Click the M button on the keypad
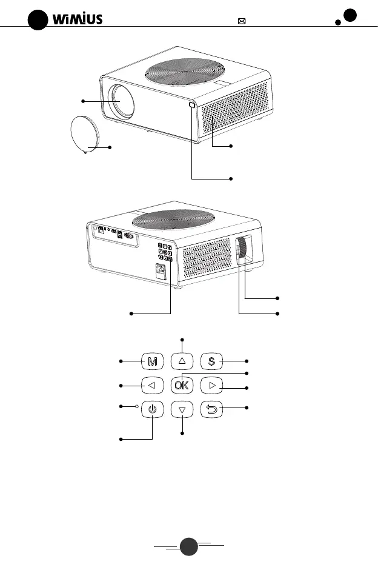click(x=152, y=362)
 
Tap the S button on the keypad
click(x=212, y=362)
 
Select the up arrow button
click(x=182, y=361)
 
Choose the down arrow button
click(x=182, y=410)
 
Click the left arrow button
click(x=152, y=385)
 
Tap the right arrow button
click(x=212, y=385)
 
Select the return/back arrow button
click(x=212, y=410)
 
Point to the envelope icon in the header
click(x=242, y=21)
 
